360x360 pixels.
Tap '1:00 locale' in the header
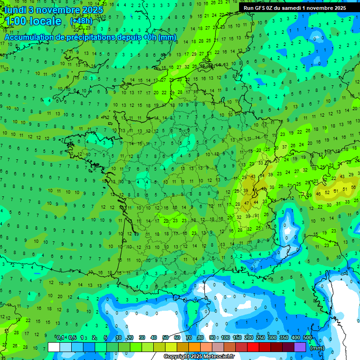click(33, 21)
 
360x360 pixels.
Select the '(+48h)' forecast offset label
click(82, 21)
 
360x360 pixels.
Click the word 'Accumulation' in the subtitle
click(31, 37)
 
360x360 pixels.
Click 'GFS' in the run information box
click(261, 8)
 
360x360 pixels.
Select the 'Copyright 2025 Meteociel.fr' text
click(199, 357)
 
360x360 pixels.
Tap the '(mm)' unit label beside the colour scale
click(317, 348)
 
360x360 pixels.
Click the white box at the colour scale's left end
click(54, 347)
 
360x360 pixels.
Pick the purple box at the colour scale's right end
click(300, 347)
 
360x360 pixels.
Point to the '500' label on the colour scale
click(307, 338)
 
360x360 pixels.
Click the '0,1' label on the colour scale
click(60, 338)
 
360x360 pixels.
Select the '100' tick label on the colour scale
click(225, 338)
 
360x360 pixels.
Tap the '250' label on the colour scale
click(261, 338)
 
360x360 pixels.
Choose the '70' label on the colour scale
click(189, 338)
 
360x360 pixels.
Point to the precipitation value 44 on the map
click(255, 202)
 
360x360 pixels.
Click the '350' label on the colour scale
click(284, 338)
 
